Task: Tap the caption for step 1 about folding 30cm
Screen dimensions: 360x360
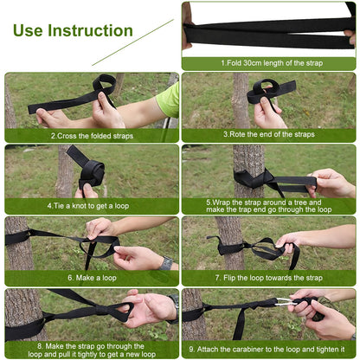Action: pos(269,63)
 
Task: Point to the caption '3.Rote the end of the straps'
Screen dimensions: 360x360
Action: pos(269,135)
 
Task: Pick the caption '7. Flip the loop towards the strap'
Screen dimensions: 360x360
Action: pos(269,278)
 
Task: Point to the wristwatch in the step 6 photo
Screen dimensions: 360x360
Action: pos(165,262)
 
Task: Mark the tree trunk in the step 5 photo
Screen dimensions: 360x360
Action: pos(248,164)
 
